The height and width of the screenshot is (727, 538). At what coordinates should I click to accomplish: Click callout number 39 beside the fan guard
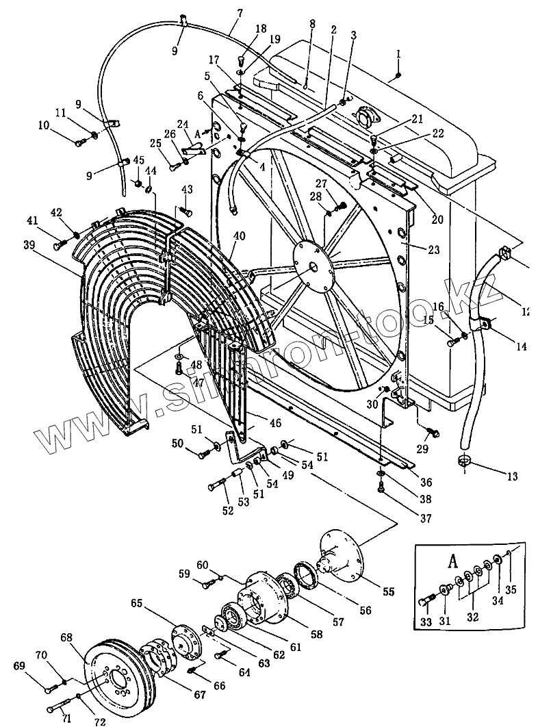click(28, 245)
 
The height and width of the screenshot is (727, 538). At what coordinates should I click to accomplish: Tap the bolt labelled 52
click(216, 486)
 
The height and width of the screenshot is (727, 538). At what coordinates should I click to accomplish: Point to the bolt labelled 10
click(79, 142)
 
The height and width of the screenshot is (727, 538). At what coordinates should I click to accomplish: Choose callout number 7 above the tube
click(220, 12)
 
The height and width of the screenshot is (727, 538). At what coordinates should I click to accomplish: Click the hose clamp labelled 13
click(463, 459)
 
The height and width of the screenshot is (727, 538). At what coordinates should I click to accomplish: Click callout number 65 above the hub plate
click(137, 604)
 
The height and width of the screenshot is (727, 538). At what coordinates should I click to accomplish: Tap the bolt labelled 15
click(452, 339)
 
